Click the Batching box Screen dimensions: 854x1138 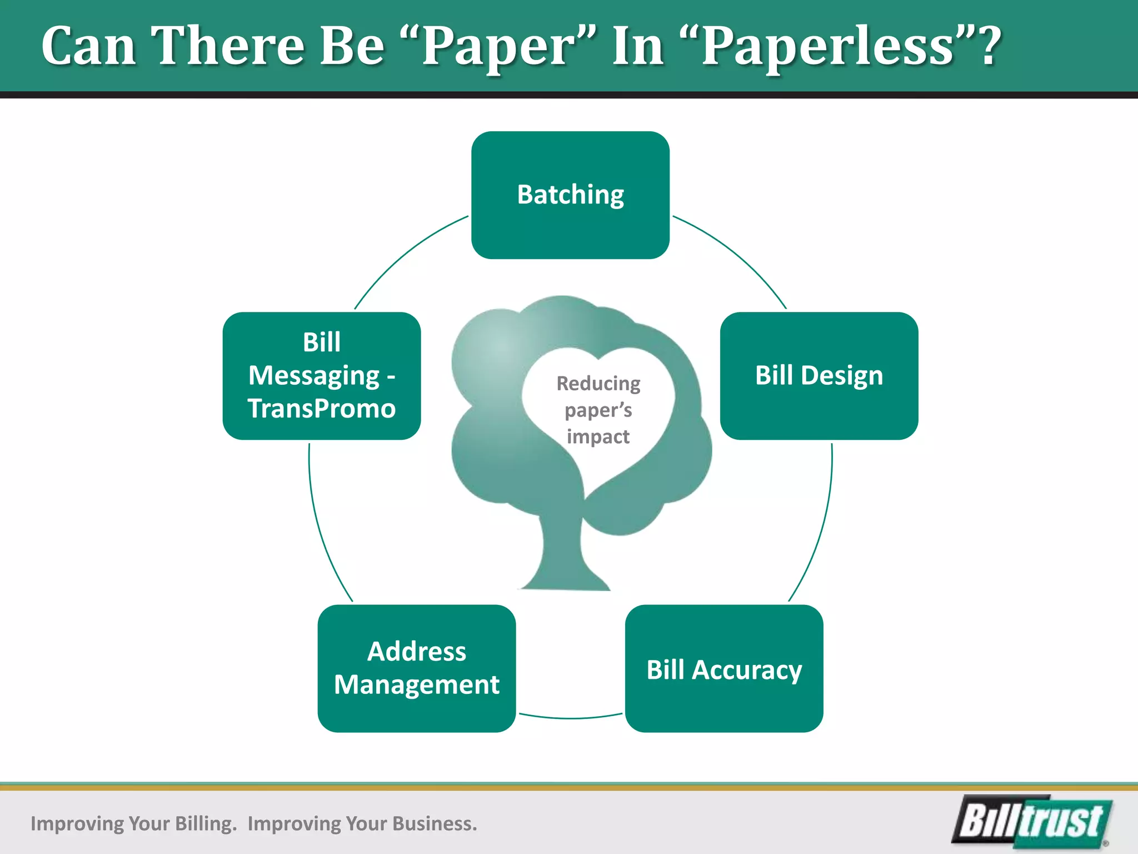[x=570, y=195]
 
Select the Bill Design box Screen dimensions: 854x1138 [x=818, y=376]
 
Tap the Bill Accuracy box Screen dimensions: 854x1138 [x=723, y=669]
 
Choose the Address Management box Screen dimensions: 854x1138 [x=416, y=669]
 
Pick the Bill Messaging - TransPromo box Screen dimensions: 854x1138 [x=321, y=376]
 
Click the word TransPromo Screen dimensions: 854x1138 [x=321, y=409]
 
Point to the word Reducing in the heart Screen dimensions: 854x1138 [x=598, y=384]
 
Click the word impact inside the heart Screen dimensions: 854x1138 [x=598, y=437]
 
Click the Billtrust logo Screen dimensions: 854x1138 [x=1032, y=822]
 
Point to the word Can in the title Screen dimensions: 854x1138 [x=89, y=47]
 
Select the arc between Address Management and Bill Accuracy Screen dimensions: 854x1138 [x=570, y=718]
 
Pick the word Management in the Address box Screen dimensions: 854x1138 [x=416, y=685]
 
